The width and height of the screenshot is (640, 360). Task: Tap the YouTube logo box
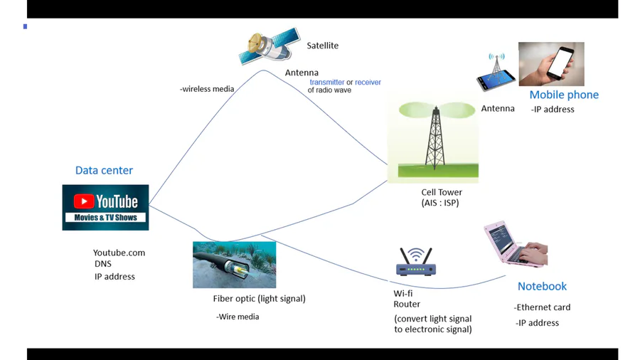[105, 207]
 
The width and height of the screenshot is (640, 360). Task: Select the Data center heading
[104, 170]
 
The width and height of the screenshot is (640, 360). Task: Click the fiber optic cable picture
[234, 264]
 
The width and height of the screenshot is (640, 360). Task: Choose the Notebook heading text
[542, 286]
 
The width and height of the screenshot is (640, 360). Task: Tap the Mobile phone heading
[564, 95]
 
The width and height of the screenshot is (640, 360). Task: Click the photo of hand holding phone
[551, 64]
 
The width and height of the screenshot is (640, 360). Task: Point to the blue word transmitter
[326, 83]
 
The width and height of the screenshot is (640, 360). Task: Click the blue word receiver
[368, 83]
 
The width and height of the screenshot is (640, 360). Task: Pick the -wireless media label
[207, 89]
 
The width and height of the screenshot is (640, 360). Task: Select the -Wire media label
[238, 317]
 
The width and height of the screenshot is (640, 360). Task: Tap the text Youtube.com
[119, 253]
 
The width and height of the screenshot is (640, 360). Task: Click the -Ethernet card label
[542, 307]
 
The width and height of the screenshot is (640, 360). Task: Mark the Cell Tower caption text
[442, 192]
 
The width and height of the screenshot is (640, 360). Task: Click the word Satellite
[322, 46]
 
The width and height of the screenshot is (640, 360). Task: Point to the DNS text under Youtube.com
[103, 264]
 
